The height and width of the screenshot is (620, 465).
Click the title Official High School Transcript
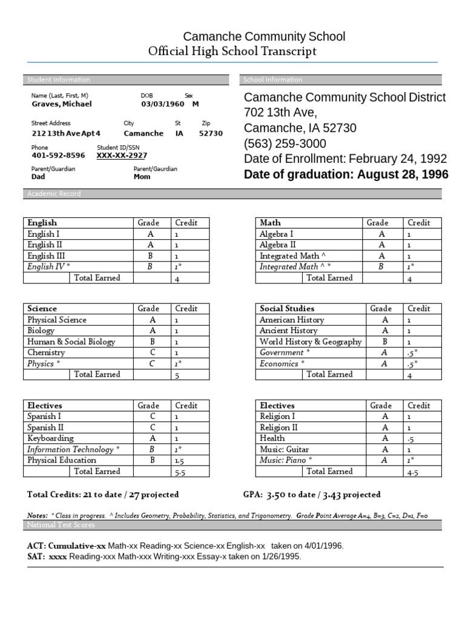click(x=232, y=51)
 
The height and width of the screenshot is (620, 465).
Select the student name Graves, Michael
click(x=61, y=104)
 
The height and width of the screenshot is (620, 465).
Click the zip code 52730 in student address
click(x=211, y=134)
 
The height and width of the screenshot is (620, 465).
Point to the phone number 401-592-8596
click(x=58, y=156)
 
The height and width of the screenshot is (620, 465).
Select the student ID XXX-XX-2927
click(x=122, y=156)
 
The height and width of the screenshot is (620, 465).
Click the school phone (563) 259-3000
click(x=285, y=143)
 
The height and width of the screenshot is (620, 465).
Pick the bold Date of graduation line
click(x=346, y=175)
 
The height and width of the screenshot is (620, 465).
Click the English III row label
click(x=47, y=256)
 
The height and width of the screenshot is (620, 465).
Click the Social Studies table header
click(x=287, y=309)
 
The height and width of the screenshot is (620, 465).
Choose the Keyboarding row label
click(x=50, y=438)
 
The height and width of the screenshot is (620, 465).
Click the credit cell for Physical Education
click(x=179, y=460)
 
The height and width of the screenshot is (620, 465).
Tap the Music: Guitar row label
click(x=284, y=449)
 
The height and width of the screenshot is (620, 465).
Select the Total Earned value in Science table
click(x=177, y=375)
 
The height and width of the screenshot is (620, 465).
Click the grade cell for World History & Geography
click(x=384, y=341)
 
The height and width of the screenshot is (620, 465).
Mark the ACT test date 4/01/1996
click(x=325, y=546)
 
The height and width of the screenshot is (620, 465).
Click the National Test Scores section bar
click(x=232, y=525)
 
